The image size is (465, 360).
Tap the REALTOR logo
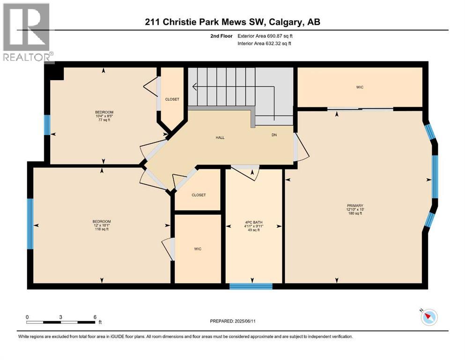(x=27, y=33)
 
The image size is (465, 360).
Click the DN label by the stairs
(x=274, y=135)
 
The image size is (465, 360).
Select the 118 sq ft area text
(x=101, y=229)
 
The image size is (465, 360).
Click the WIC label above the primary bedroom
(x=360, y=87)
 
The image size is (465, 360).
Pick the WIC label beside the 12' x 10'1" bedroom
(x=198, y=249)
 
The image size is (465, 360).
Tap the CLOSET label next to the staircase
(x=172, y=99)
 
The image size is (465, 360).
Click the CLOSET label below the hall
(x=199, y=195)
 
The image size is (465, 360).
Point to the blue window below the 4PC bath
(x=251, y=286)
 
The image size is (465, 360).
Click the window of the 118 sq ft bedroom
(x=30, y=224)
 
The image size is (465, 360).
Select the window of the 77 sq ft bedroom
(x=46, y=125)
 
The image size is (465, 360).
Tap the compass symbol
(x=428, y=317)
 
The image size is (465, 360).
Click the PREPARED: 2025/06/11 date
(x=233, y=321)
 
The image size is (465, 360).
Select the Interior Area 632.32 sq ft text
(x=266, y=44)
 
